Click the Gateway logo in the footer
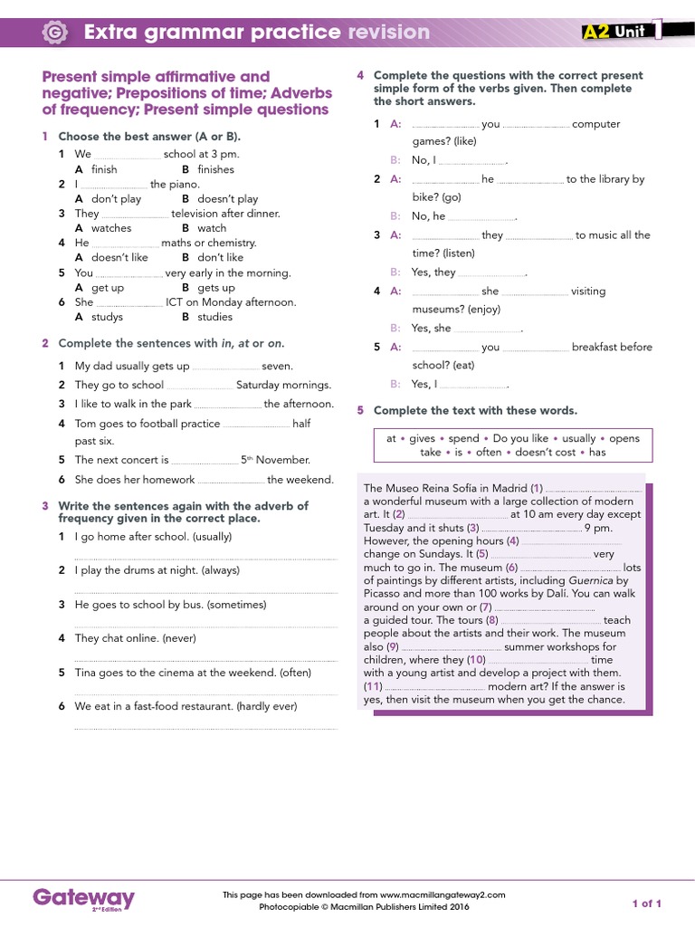point(83,898)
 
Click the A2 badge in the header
point(595,32)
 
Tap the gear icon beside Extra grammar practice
point(55,33)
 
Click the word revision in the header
point(388,33)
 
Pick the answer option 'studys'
point(107,317)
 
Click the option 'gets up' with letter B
point(215,288)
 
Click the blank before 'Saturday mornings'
point(200,386)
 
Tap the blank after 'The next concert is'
point(205,461)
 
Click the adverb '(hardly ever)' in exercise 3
point(266,706)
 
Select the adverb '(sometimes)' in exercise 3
point(237,604)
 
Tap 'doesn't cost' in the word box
point(546,452)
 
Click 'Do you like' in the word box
point(520,438)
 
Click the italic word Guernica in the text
point(590,580)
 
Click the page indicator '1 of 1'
point(646,903)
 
